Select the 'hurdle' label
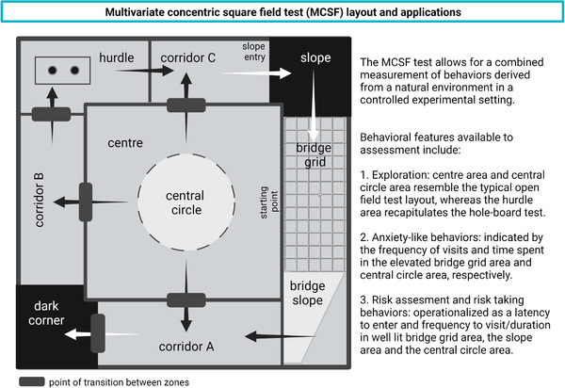pyautogui.click(x=117, y=58)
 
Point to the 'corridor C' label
pyautogui.click(x=186, y=57)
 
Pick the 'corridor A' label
pyautogui.click(x=184, y=346)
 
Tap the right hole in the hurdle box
pyautogui.click(x=71, y=71)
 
